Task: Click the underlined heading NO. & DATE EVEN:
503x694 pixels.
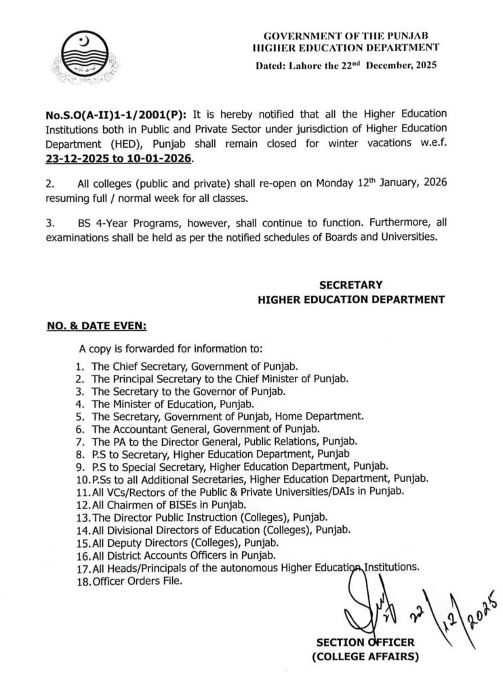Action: point(96,326)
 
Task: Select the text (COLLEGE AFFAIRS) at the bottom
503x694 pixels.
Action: point(367,657)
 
